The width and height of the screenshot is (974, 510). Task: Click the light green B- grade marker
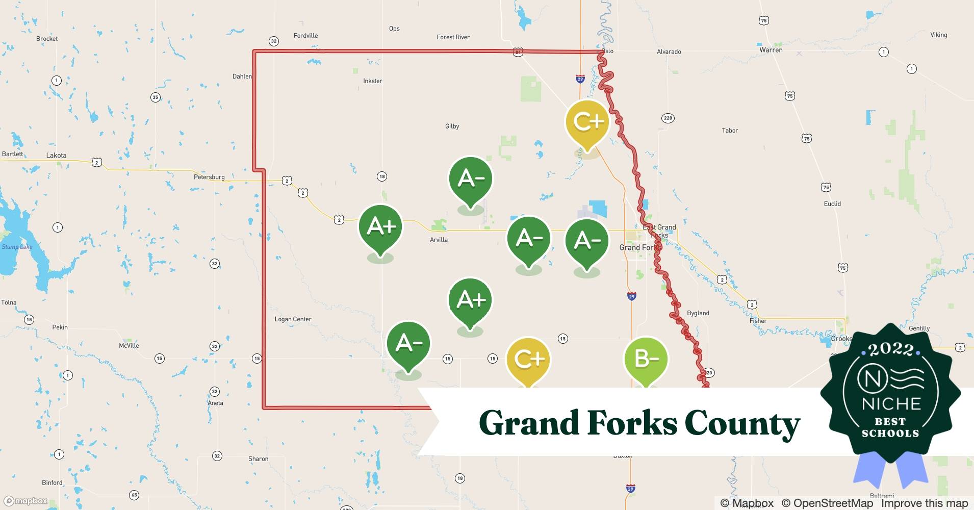click(x=646, y=360)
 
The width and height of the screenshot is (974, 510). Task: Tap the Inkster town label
click(x=372, y=81)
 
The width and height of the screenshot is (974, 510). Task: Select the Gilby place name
click(x=452, y=126)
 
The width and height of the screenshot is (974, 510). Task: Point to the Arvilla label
click(x=439, y=240)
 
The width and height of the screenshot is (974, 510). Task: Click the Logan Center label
click(x=293, y=319)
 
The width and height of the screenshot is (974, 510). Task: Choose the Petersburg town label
click(x=209, y=177)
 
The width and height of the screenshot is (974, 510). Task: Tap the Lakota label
click(x=56, y=156)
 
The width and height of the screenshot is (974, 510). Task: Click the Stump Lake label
click(x=17, y=247)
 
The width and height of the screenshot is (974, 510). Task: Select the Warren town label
click(x=771, y=50)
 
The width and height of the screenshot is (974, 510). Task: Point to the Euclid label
click(x=832, y=203)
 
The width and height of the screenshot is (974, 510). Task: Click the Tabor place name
click(x=730, y=131)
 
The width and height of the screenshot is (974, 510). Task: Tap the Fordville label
click(x=305, y=36)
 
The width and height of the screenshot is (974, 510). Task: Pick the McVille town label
click(x=129, y=346)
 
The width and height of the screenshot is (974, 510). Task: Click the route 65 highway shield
click(x=134, y=495)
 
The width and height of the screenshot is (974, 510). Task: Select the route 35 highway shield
click(x=156, y=97)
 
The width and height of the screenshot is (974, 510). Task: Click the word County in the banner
click(x=742, y=424)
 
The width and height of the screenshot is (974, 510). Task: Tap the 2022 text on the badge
click(x=890, y=349)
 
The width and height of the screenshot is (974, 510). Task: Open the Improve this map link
click(x=924, y=503)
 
